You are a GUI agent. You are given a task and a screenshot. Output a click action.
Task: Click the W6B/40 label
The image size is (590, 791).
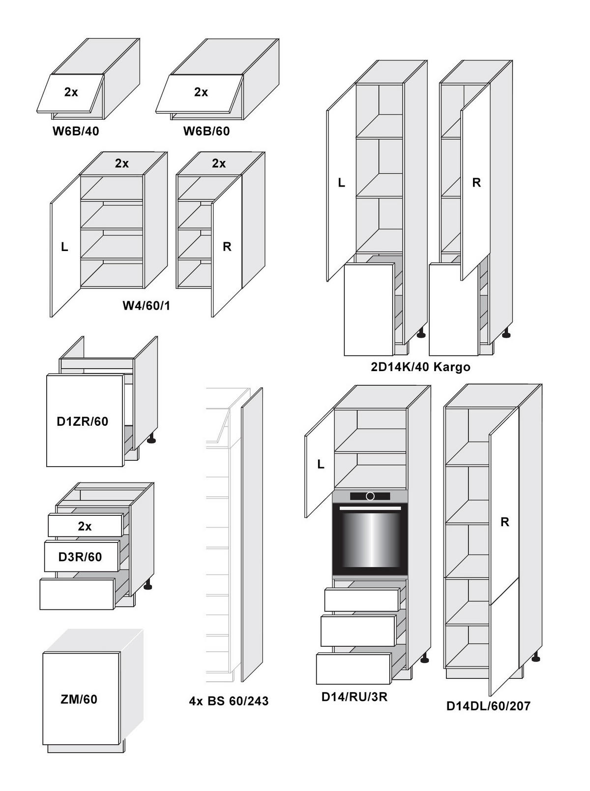point(76,131)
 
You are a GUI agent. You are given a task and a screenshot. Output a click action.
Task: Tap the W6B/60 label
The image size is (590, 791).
point(206,131)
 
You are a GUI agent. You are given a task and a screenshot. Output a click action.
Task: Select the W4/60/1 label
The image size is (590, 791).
point(146,306)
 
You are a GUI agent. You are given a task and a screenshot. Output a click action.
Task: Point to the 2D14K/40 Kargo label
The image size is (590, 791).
point(420,367)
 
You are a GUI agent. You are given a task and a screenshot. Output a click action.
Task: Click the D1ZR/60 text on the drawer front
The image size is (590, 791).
point(83,421)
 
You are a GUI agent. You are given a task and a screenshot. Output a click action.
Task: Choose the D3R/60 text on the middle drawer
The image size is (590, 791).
point(80,557)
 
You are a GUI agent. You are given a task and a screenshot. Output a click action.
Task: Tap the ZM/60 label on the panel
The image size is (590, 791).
point(79,699)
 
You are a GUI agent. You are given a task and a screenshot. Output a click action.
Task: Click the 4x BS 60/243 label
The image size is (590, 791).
point(229,701)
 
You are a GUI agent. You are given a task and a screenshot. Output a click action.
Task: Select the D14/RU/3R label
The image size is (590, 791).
point(354,697)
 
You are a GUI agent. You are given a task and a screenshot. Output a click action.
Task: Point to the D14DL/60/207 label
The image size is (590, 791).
point(489,706)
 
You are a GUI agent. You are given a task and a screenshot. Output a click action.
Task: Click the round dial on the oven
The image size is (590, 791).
point(370,497)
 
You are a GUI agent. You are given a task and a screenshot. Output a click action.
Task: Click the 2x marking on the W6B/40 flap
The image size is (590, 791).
point(71,92)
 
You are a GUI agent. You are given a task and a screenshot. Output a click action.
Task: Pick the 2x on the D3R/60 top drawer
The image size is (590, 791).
point(85,527)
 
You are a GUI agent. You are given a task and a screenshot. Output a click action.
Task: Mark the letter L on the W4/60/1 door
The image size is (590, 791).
point(64,247)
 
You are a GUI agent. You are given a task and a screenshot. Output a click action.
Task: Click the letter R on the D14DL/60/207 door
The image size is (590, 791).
point(504,522)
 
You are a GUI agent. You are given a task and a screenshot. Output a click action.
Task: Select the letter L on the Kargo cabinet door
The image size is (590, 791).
point(342,183)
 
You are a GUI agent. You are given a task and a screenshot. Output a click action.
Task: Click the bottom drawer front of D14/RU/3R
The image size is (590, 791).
point(354,669)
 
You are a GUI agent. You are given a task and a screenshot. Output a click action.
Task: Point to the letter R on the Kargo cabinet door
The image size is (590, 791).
point(476,183)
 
